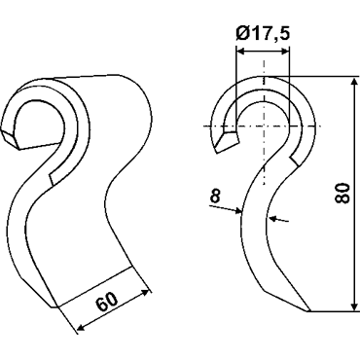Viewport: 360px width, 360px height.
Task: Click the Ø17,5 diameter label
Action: [263, 34]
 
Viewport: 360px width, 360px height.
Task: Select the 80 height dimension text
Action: [342, 194]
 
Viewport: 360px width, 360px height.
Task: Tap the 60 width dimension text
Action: [107, 303]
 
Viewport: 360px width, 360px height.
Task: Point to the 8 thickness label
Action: [215, 196]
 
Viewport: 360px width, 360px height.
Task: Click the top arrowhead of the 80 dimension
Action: [354, 82]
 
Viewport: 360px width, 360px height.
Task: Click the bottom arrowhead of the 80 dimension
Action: [354, 306]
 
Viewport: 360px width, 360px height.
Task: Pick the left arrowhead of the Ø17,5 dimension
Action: [241, 51]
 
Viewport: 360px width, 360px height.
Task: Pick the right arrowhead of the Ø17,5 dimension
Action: [284, 51]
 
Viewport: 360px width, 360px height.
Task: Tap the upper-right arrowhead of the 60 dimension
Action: [145, 292]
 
